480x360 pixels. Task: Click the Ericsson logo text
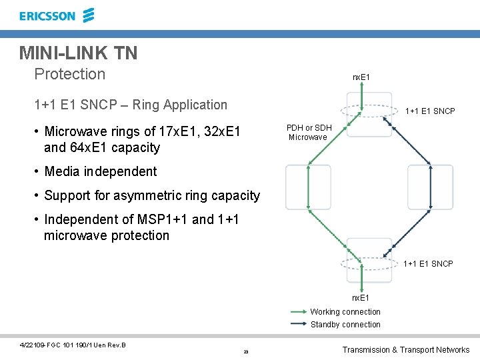click(47, 15)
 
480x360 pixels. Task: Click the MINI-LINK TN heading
click(79, 53)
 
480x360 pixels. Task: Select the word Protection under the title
click(69, 74)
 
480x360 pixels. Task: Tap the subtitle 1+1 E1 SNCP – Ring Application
click(131, 105)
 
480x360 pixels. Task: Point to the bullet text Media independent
click(100, 171)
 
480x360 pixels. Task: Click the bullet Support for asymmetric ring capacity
click(151, 195)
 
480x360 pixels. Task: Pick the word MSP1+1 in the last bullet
click(165, 219)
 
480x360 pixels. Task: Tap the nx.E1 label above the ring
click(361, 78)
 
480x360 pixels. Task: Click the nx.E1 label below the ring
click(361, 297)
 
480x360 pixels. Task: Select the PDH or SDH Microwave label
click(309, 133)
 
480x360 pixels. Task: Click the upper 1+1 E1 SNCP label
click(430, 111)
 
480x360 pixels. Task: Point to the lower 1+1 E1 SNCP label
click(428, 264)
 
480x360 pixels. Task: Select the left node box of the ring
click(308, 187)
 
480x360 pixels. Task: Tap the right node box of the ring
click(430, 187)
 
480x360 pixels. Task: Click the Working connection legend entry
click(345, 312)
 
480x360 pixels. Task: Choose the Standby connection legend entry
click(345, 325)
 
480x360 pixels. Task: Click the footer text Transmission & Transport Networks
click(405, 350)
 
